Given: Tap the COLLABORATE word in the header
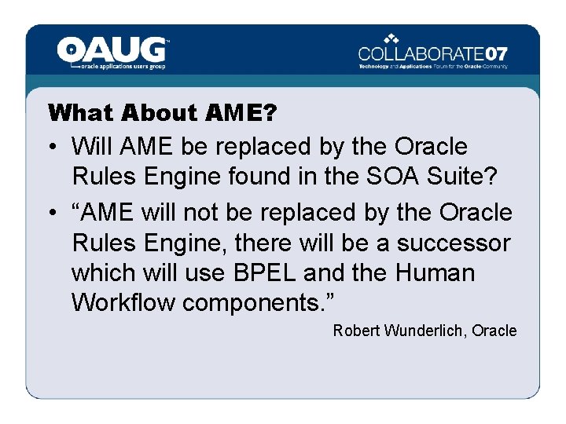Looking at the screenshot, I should (421, 54).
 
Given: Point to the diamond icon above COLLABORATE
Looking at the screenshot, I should (391, 38).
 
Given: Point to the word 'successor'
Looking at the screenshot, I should (453, 243).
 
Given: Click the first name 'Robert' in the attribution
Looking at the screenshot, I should (356, 331).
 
